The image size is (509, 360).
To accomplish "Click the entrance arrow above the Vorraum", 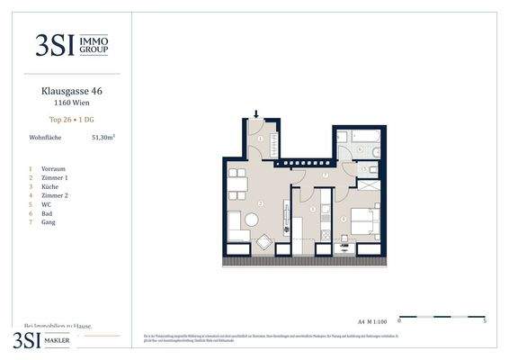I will point(257,114).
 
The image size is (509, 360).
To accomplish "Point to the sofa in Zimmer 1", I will point(235,223).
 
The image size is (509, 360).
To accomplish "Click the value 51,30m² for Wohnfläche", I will point(103,139).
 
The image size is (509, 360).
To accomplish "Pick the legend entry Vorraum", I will point(54,168).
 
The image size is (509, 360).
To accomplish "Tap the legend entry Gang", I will point(49,221).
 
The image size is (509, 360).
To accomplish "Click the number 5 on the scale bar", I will point(485,320).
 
